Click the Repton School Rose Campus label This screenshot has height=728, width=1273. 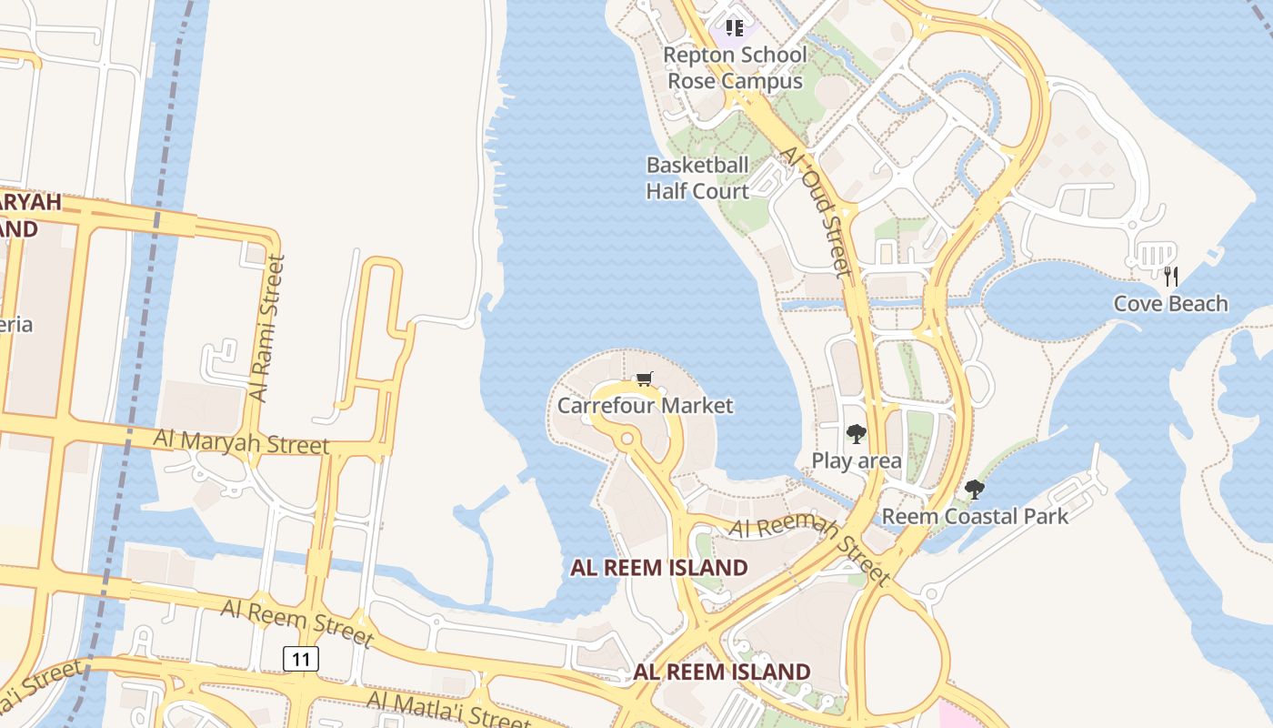pyautogui.click(x=735, y=67)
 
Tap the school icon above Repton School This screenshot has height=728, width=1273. pyautogui.click(x=735, y=28)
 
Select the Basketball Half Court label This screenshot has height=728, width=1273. pyautogui.click(x=697, y=177)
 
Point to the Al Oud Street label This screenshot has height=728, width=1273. pyautogui.click(x=817, y=211)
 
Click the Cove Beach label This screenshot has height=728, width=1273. pyautogui.click(x=1170, y=304)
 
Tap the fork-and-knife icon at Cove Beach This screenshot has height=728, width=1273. pyautogui.click(x=1171, y=276)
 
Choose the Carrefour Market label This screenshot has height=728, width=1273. pyautogui.click(x=645, y=405)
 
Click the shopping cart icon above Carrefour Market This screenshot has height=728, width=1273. pyautogui.click(x=645, y=379)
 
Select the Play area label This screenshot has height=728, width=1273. pyautogui.click(x=857, y=460)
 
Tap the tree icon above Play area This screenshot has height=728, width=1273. pyautogui.click(x=856, y=434)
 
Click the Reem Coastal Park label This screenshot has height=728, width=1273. pyautogui.click(x=975, y=517)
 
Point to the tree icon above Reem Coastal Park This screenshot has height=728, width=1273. pyautogui.click(x=975, y=490)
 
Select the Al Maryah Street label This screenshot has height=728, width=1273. pyautogui.click(x=241, y=442)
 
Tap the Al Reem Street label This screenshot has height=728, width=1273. pyautogui.click(x=296, y=621)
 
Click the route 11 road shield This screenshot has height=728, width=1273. pyautogui.click(x=301, y=658)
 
